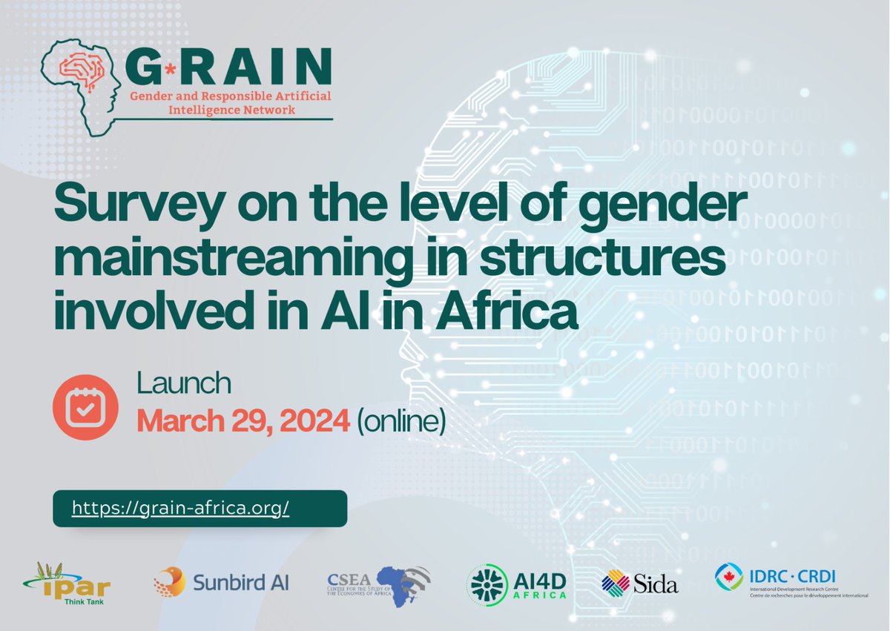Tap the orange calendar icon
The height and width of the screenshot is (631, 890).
point(85,407)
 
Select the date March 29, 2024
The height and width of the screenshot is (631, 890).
point(243,421)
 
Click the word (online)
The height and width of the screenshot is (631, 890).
point(401,421)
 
